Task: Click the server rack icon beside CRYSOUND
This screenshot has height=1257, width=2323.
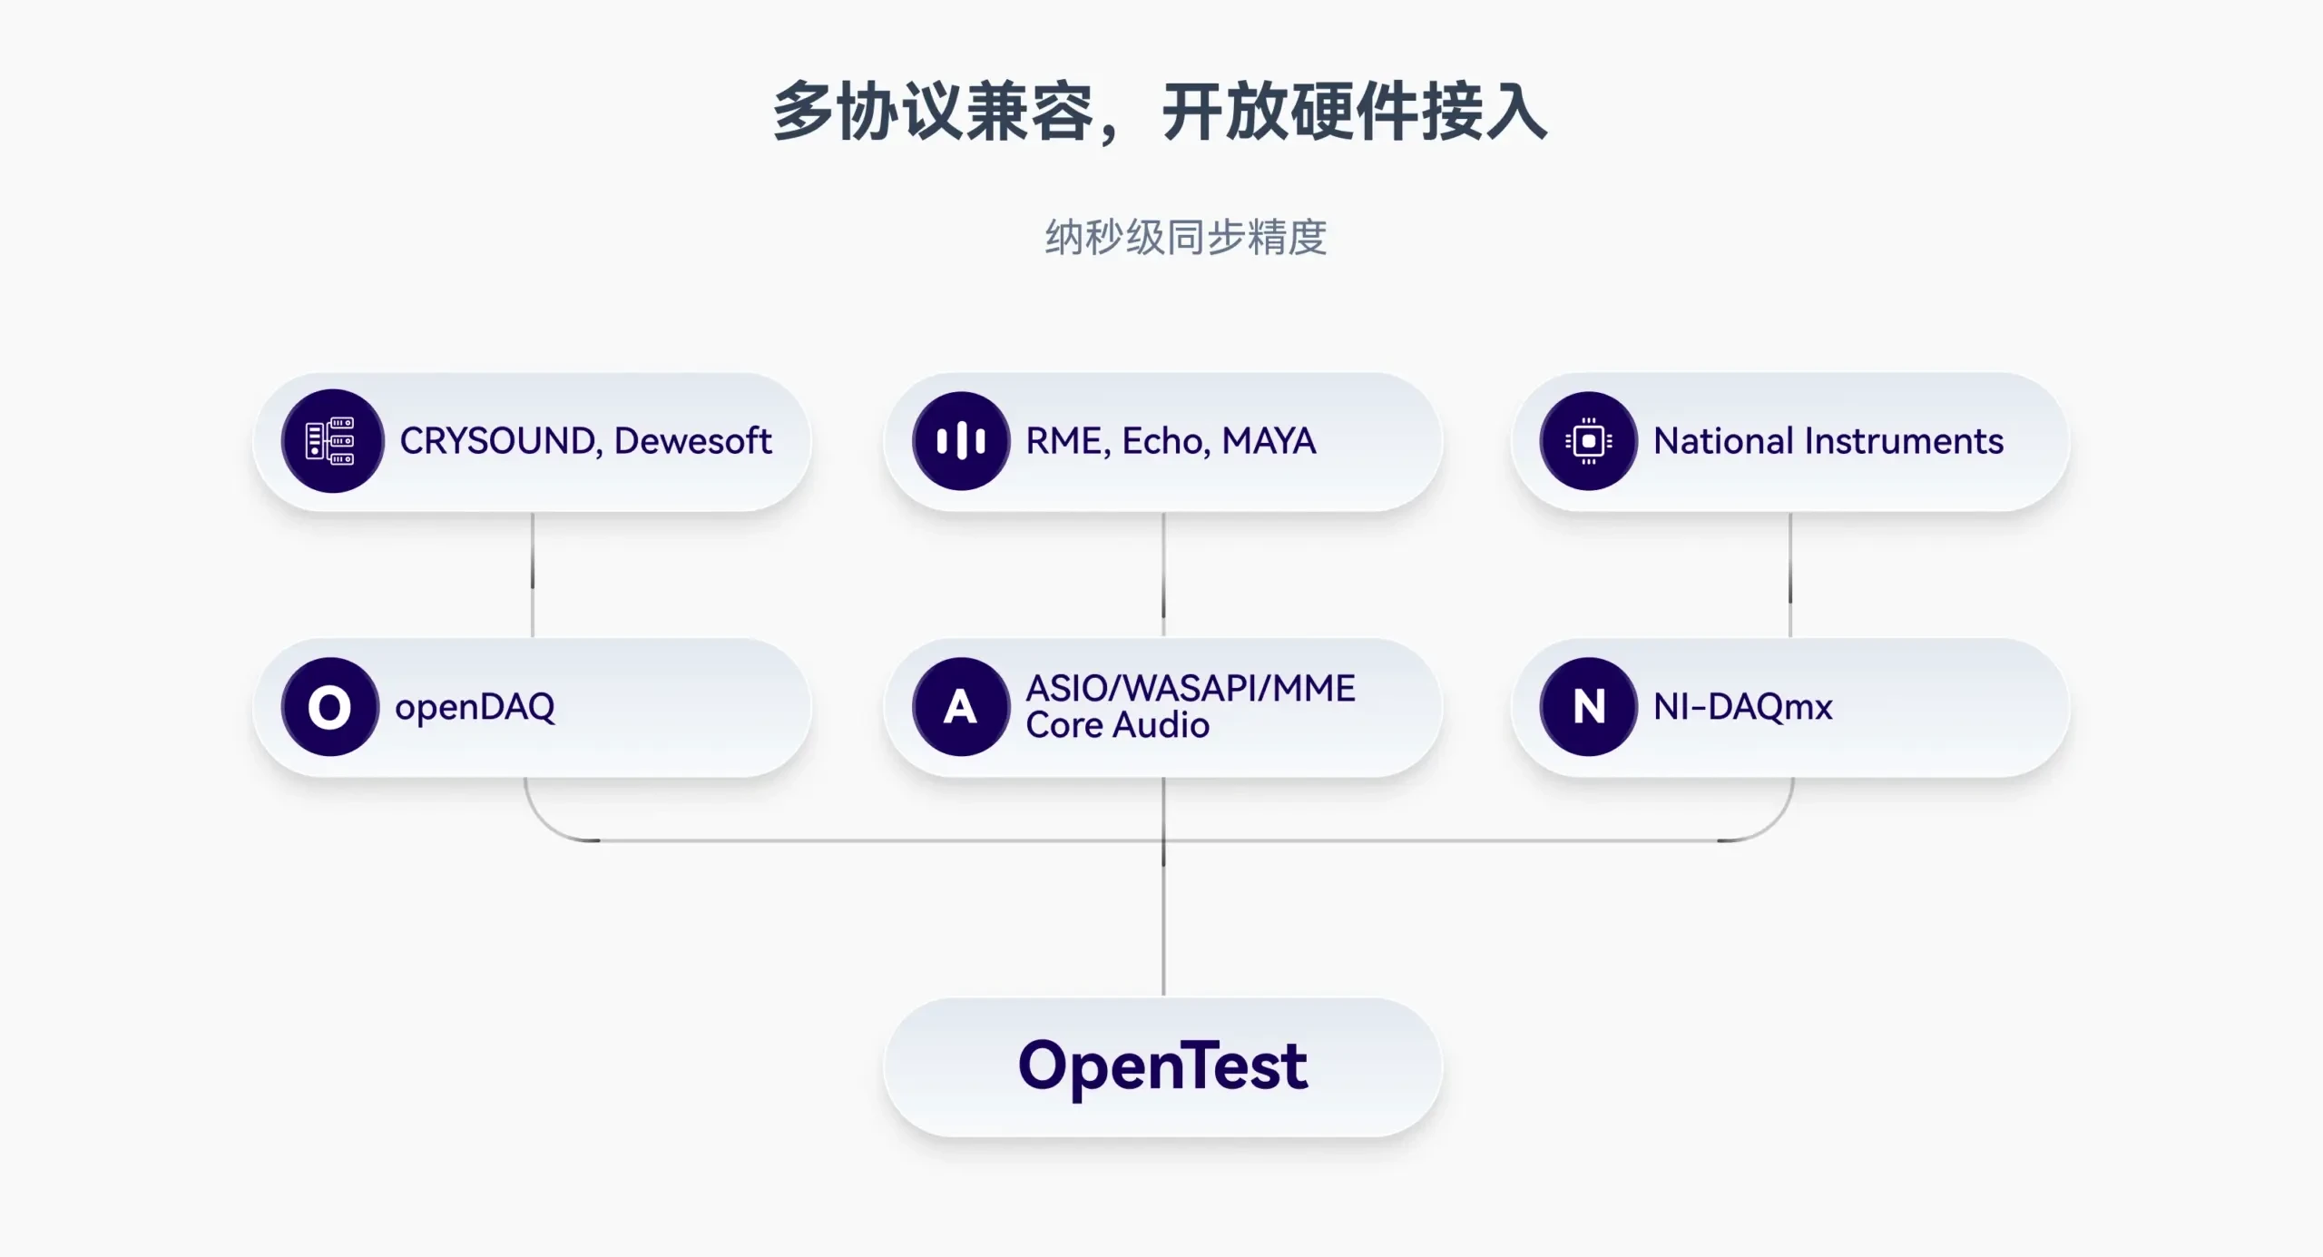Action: pos(332,441)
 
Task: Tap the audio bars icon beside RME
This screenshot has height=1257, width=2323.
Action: pos(961,441)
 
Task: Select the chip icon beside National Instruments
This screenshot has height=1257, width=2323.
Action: pos(1589,441)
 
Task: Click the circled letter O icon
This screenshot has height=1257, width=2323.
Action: pos(330,707)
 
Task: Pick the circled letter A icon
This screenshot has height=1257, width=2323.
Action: pos(961,707)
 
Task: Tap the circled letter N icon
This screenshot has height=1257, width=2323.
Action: pos(1589,707)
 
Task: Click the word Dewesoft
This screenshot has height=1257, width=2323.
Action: pos(693,441)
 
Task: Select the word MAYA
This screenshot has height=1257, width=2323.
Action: pos(1269,441)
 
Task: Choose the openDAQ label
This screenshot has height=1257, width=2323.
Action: pos(475,708)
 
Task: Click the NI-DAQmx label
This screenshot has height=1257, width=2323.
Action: pos(1743,707)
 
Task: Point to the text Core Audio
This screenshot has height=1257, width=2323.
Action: pos(1118,725)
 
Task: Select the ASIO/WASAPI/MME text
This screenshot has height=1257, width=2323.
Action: pos(1191,688)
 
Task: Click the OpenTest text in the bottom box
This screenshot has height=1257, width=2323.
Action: pos(1162,1067)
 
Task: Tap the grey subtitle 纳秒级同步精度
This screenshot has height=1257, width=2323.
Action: pos(1186,238)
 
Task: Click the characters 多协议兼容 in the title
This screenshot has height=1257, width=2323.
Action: pos(934,113)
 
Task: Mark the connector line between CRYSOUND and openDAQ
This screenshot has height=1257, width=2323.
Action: pos(533,575)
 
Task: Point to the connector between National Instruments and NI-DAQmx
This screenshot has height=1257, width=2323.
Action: pos(1790,575)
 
